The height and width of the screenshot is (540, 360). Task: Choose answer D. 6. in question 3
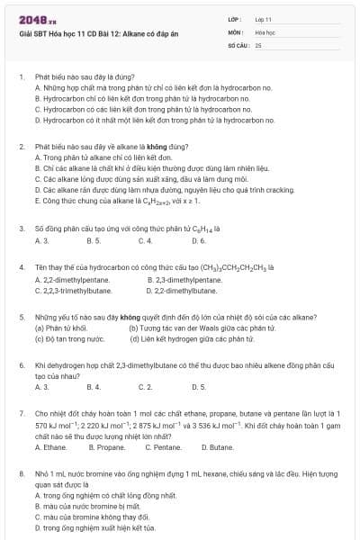tap(199, 241)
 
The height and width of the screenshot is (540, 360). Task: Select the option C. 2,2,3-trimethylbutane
tap(73, 291)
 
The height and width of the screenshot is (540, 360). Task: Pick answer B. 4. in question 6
tap(94, 386)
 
